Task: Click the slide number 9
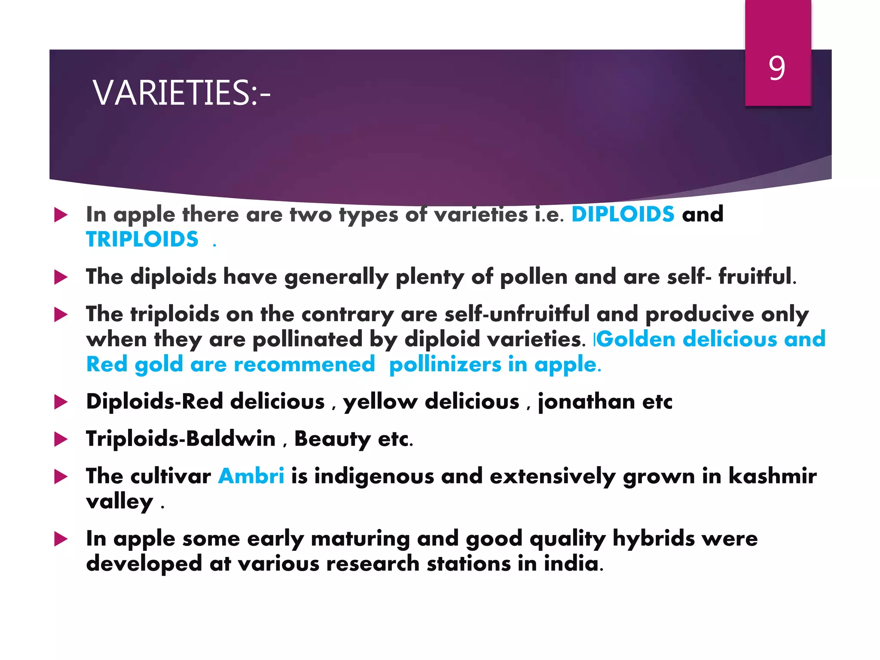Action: [777, 68]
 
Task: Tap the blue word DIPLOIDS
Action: [623, 214]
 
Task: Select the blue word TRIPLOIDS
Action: [142, 239]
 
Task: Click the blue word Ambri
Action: [251, 476]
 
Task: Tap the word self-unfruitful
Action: [517, 314]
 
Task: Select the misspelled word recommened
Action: [304, 365]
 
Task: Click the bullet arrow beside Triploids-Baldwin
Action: [61, 440]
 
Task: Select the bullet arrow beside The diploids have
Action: [61, 278]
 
